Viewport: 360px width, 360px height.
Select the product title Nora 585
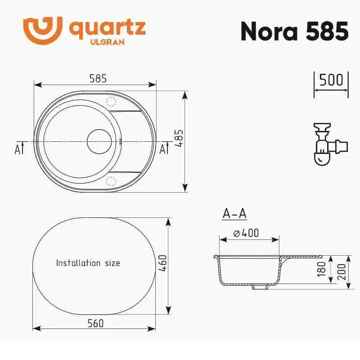(x=294, y=31)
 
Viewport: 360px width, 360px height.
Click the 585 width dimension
(x=98, y=78)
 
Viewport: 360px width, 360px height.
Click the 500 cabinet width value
(x=331, y=80)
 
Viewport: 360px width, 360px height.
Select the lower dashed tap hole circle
(x=110, y=181)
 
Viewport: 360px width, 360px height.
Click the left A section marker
(x=18, y=148)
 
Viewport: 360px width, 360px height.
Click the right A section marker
(x=164, y=148)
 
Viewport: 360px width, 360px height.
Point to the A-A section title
(x=234, y=214)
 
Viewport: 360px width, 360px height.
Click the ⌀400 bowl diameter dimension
(x=246, y=233)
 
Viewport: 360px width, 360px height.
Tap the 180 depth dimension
(x=321, y=269)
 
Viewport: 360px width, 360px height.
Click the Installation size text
(x=88, y=263)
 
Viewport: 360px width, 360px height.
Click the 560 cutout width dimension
(x=95, y=323)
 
